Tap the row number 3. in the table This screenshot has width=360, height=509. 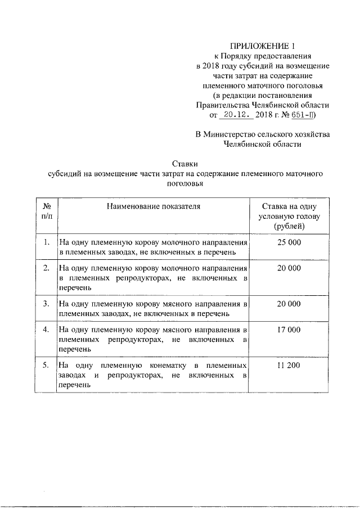tap(47, 304)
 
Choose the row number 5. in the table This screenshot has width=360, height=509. tap(47, 366)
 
